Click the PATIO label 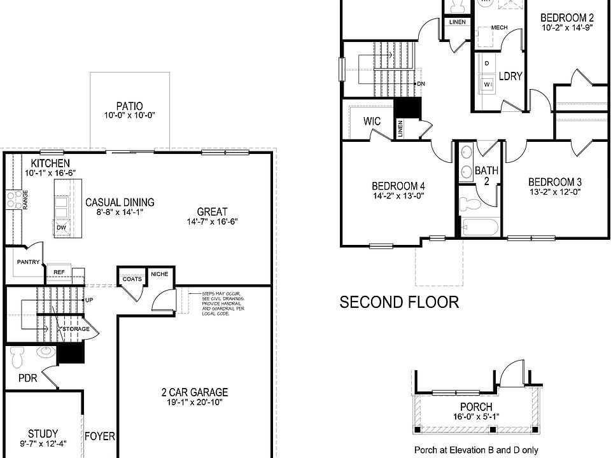[x=129, y=106]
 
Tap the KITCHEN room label [x=46, y=164]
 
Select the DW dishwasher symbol [x=62, y=227]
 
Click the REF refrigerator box [x=59, y=272]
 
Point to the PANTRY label [x=29, y=262]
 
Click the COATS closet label [x=132, y=278]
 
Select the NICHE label [x=158, y=274]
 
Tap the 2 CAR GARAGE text [x=194, y=392]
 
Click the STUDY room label [x=43, y=434]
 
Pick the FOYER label [x=100, y=436]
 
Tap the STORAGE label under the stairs [x=76, y=329]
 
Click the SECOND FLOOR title [x=399, y=302]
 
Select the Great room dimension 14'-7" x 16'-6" [x=212, y=222]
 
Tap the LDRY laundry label [x=510, y=76]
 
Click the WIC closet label [x=372, y=121]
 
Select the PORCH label [x=475, y=407]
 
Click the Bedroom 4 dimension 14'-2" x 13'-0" [x=398, y=196]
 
